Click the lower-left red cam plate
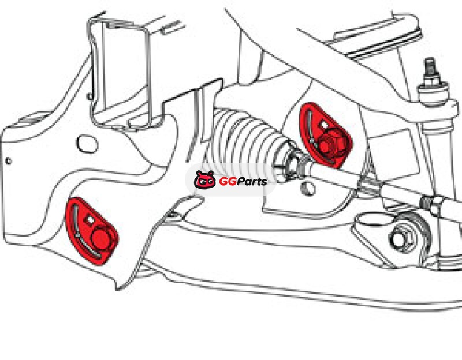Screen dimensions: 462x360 tap(92, 231)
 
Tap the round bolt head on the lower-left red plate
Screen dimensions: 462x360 tap(101, 238)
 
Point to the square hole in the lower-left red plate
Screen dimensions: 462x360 tap(90, 219)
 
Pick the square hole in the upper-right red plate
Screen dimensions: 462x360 tap(324, 125)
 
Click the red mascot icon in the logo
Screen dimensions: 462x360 tap(205, 180)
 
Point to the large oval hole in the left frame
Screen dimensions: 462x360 tap(87, 144)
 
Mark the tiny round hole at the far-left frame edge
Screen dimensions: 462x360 tap(9, 161)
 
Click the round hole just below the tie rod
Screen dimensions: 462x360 tap(308, 188)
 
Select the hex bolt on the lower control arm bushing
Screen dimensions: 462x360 tap(403, 237)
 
